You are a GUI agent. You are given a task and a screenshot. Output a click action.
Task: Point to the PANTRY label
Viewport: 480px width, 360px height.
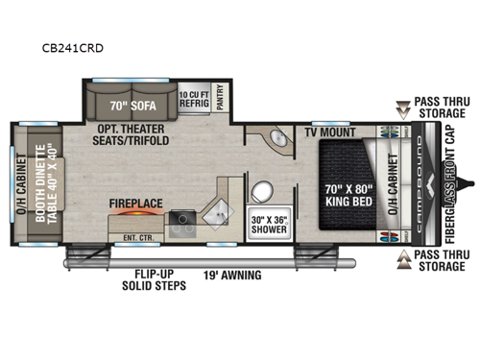(222, 97)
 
